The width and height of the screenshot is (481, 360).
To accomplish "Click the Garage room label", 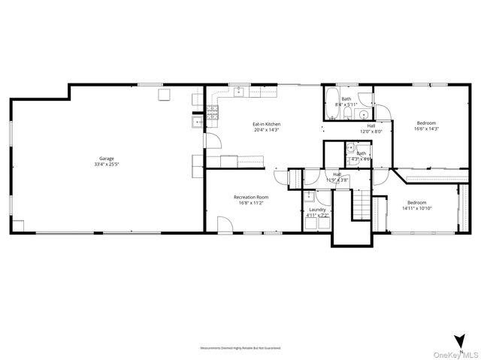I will click(107, 159).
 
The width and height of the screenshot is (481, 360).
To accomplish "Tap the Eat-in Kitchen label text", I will click(266, 123).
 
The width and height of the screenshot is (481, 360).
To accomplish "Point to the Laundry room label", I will click(316, 210).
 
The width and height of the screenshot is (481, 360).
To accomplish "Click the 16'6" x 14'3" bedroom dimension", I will click(426, 129).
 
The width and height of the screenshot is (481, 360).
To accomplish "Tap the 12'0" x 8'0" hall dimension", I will click(371, 132).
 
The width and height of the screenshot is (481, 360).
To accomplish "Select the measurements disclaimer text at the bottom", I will click(240, 348).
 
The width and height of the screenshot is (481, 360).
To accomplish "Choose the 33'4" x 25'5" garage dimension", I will click(107, 164).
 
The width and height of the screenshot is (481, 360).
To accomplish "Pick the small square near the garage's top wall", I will click(163, 95).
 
